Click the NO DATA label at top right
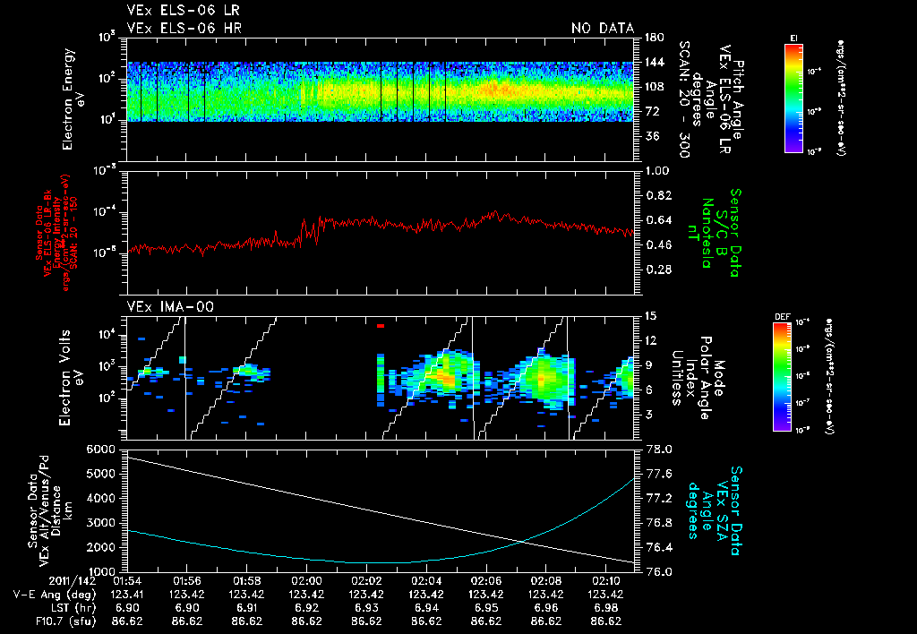pyautogui.click(x=603, y=28)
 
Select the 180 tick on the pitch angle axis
pyautogui.click(x=654, y=37)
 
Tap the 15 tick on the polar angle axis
pyautogui.click(x=650, y=315)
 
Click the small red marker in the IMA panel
pyautogui.click(x=381, y=327)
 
